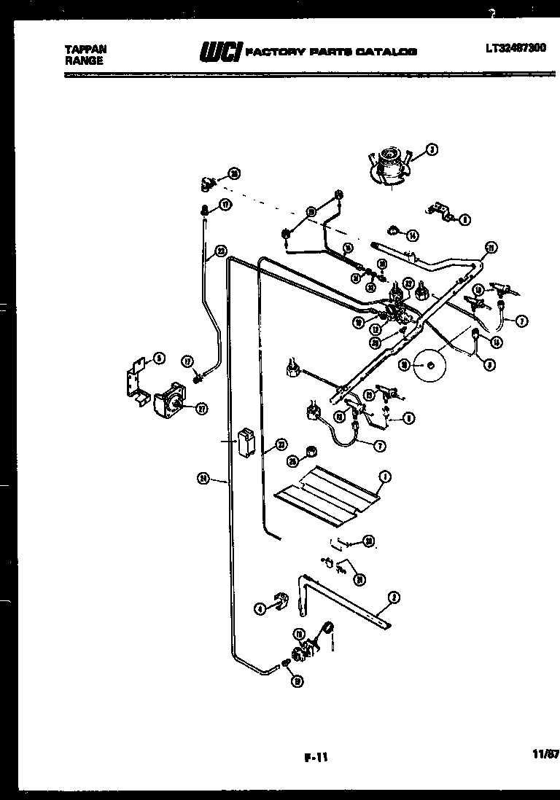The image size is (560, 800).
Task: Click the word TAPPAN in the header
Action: pyautogui.click(x=85, y=50)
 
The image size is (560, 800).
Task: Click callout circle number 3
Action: pyautogui.click(x=432, y=151)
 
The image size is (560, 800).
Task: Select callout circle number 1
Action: pyautogui.click(x=385, y=478)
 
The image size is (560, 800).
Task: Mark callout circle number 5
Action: pyautogui.click(x=159, y=358)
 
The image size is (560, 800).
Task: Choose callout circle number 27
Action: pyautogui.click(x=201, y=408)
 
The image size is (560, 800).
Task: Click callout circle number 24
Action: pyautogui.click(x=203, y=479)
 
